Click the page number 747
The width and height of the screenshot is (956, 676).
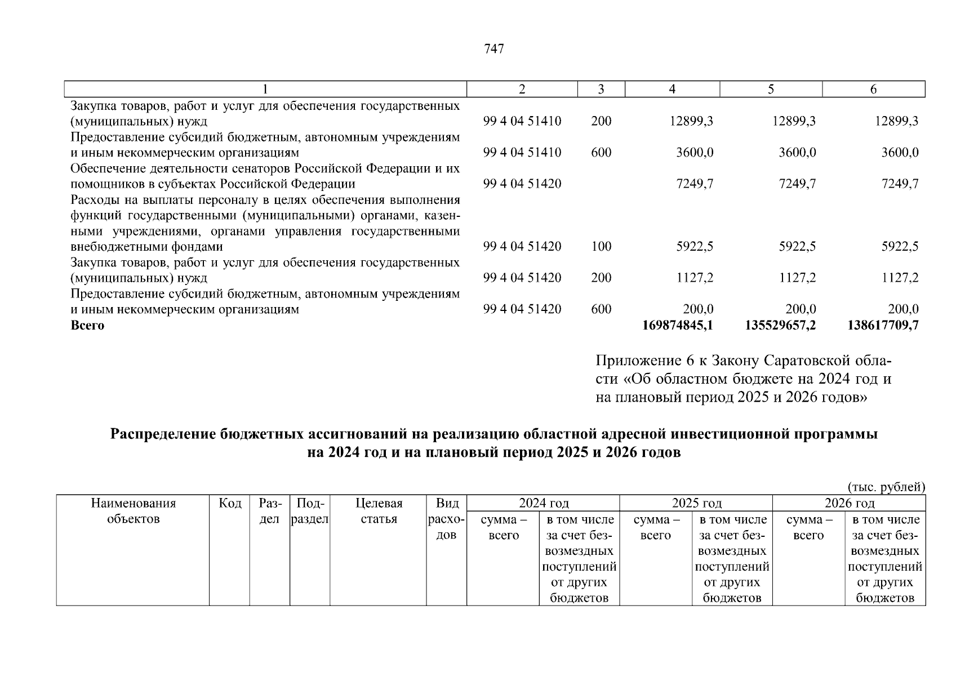(493, 49)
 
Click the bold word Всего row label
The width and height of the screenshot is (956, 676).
(87, 325)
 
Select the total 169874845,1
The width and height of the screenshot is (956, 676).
(677, 325)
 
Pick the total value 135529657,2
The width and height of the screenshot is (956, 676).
(780, 325)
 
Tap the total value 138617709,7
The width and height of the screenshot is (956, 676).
(882, 325)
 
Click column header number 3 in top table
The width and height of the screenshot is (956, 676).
(601, 89)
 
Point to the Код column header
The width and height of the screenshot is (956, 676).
(230, 503)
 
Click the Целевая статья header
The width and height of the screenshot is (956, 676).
(379, 511)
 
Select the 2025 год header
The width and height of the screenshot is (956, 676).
(696, 503)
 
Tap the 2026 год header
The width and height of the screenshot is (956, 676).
(849, 503)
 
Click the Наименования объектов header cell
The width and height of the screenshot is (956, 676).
(133, 511)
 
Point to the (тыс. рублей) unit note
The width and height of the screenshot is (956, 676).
(886, 487)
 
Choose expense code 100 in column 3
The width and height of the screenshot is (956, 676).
(601, 246)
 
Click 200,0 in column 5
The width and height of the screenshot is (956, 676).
(801, 309)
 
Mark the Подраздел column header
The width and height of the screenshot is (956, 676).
(309, 511)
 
